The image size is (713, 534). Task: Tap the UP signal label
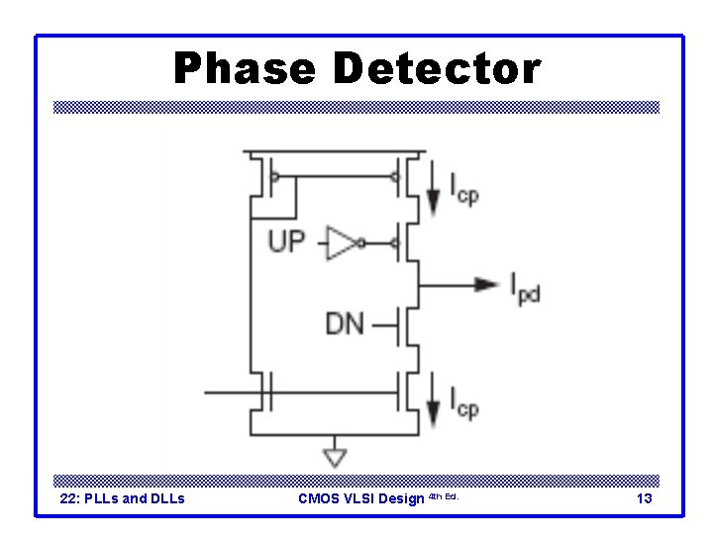point(286,240)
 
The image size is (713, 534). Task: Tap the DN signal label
point(345,322)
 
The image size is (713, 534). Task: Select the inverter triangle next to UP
point(342,241)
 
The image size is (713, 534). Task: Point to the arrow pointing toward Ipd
point(484,285)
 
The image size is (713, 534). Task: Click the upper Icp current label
point(464,189)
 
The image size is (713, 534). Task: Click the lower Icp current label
point(464,402)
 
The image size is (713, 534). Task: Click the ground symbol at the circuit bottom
point(336,456)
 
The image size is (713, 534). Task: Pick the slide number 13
point(644,498)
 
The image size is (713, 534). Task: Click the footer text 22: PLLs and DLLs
point(123,498)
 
